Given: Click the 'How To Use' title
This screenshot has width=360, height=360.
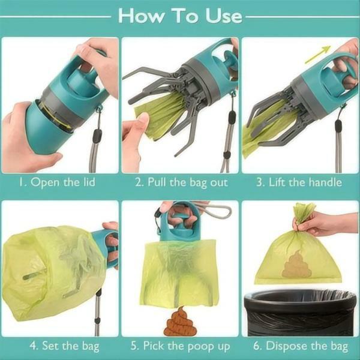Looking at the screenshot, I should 179,16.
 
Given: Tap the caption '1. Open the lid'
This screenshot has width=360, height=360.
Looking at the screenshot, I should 59,182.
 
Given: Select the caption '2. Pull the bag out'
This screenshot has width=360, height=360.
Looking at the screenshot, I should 180,182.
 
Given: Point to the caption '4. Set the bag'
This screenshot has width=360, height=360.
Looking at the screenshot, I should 59,346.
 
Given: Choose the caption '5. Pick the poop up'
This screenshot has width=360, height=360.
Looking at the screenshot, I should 180,346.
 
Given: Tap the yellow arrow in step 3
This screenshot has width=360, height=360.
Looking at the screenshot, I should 317,55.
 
